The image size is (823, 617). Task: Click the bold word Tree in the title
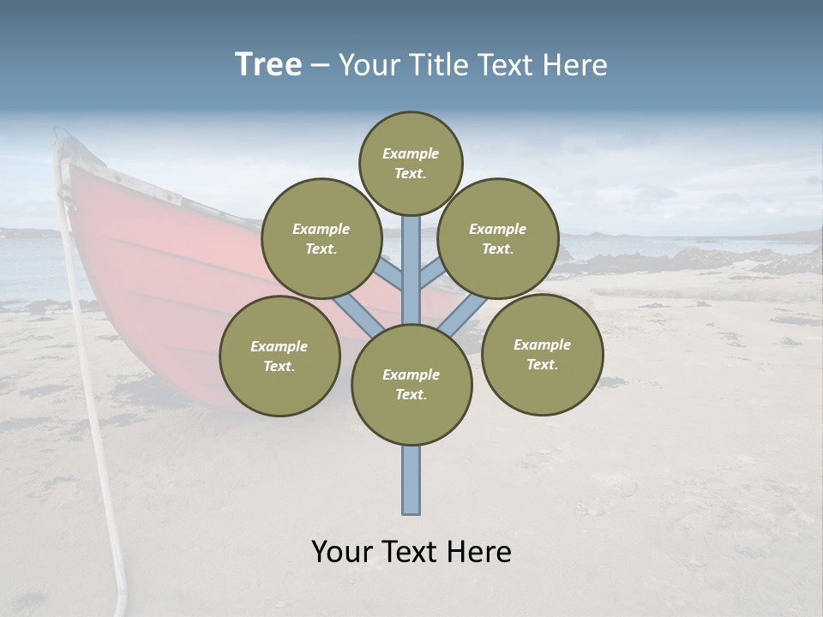point(268,65)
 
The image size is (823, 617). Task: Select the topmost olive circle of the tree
point(411,163)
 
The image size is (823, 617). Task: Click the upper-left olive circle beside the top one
point(321,238)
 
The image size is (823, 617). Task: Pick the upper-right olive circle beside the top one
point(498,238)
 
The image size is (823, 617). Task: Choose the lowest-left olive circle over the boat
point(279,356)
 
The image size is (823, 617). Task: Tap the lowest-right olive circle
point(542,354)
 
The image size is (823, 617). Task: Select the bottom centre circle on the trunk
point(411,385)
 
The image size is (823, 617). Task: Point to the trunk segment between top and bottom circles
point(411,270)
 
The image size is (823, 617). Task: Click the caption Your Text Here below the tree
point(411,552)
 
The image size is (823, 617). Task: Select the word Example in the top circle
point(411,153)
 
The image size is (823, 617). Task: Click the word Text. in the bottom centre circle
point(411,395)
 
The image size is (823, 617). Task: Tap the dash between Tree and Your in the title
point(320,66)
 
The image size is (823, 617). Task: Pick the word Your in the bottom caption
point(341,552)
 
